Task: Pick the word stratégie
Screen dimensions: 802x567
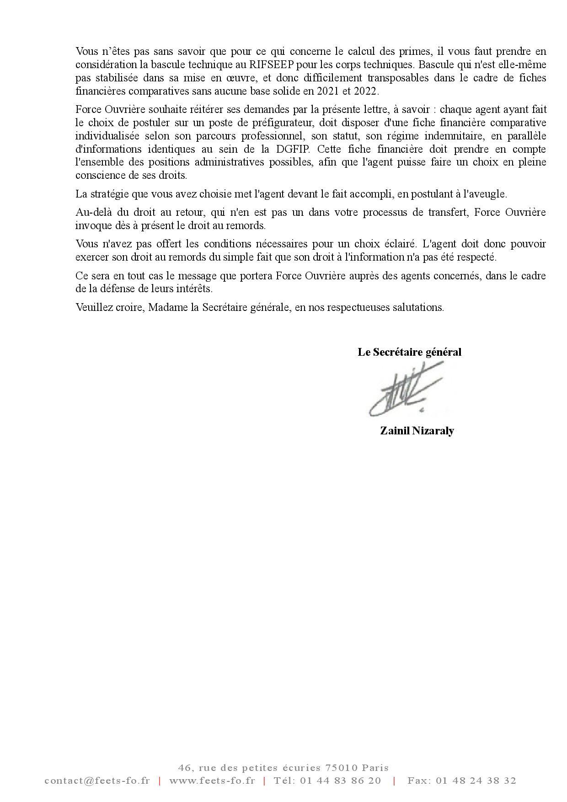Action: point(109,194)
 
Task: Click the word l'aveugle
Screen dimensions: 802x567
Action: point(485,194)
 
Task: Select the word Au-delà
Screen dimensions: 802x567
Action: point(92,212)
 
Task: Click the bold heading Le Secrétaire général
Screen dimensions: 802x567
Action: point(409,352)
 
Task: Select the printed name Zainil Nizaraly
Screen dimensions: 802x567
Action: point(417,431)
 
